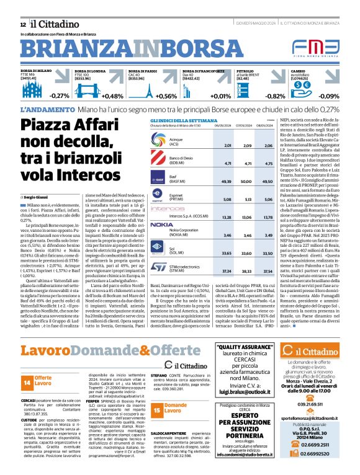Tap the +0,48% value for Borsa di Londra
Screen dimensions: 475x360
pos(95,96)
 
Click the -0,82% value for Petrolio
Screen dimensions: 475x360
pos(275,96)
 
